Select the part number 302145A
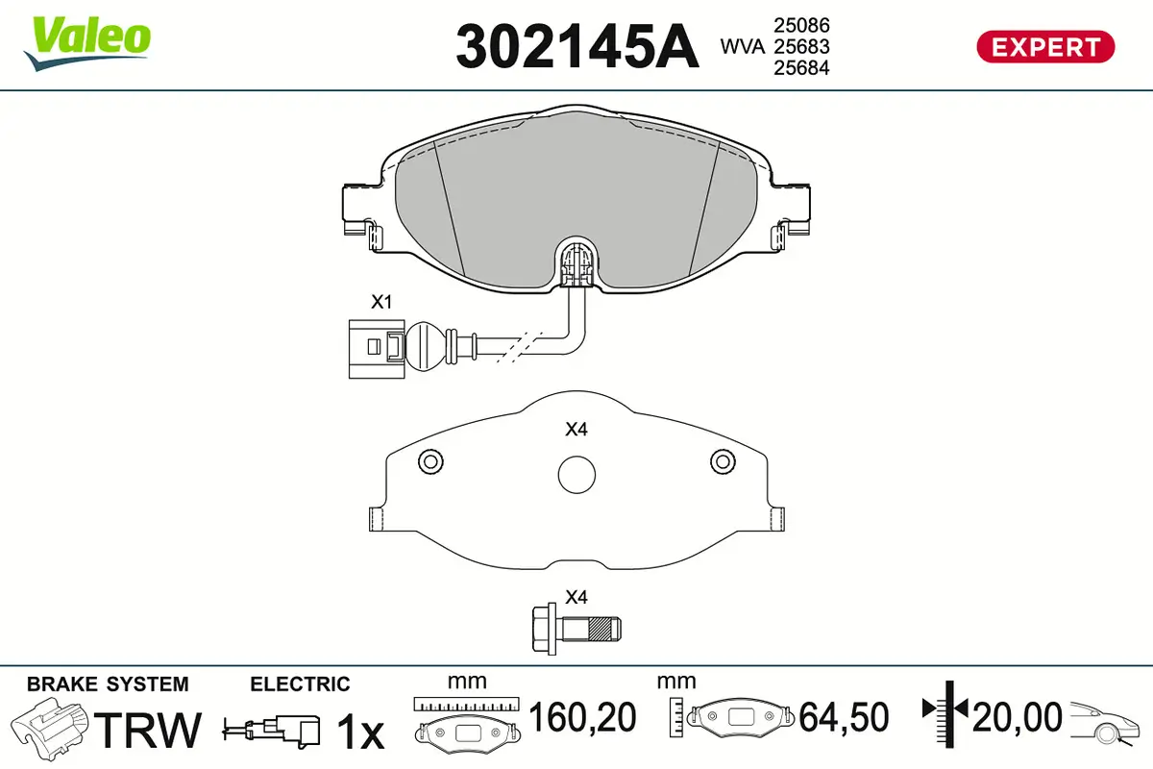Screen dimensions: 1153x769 577,46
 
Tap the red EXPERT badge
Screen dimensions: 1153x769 1045,47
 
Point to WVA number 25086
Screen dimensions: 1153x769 801,25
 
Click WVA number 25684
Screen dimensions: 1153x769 801,67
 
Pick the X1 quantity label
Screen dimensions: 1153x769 381,302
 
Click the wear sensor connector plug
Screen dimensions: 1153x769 377,349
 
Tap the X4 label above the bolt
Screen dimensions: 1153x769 576,597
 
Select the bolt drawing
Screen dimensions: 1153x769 576,629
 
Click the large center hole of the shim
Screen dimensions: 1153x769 576,475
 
